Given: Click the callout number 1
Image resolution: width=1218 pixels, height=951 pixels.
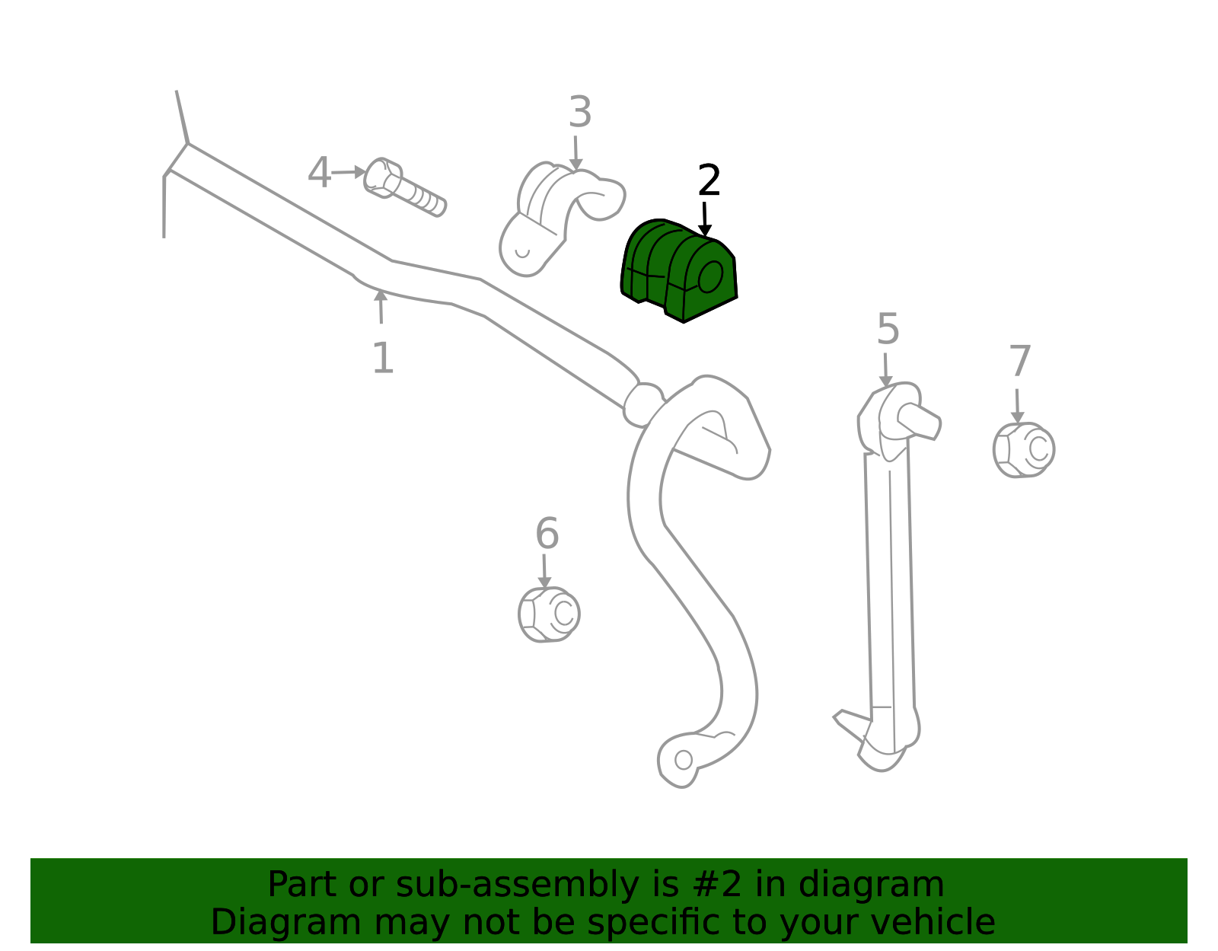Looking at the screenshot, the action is pyautogui.click(x=384, y=359).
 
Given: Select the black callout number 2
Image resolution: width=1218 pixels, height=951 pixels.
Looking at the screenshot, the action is pyautogui.click(x=709, y=180).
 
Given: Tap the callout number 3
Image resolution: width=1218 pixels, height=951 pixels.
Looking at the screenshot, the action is pyautogui.click(x=580, y=112).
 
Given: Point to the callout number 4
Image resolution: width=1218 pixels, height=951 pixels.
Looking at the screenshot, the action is pyautogui.click(x=320, y=173).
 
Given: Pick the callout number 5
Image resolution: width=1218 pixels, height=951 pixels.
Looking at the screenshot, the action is pyautogui.click(x=888, y=330).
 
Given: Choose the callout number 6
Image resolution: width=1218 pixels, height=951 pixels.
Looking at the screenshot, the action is pyautogui.click(x=547, y=534).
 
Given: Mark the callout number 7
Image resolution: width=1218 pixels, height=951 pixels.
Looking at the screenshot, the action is pyautogui.click(x=1020, y=362).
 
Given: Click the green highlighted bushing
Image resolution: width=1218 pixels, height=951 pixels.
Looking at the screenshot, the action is pyautogui.click(x=678, y=270).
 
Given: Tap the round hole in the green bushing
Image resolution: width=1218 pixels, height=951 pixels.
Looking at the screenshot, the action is pyautogui.click(x=711, y=277).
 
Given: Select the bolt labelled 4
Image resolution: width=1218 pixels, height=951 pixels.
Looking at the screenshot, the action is pyautogui.click(x=405, y=187).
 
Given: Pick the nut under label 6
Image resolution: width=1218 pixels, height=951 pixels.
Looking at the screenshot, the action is pyautogui.click(x=549, y=614).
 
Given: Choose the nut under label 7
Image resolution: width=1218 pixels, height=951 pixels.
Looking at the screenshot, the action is pyautogui.click(x=1024, y=450).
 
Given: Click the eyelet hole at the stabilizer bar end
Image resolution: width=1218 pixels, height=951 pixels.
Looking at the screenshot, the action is pyautogui.click(x=684, y=760).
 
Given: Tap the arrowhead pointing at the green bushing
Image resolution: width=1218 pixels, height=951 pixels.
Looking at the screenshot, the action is pyautogui.click(x=705, y=230).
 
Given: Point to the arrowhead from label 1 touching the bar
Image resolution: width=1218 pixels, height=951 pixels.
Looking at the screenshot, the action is pyautogui.click(x=381, y=295).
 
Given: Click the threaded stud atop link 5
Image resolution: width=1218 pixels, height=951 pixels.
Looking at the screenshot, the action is pyautogui.click(x=920, y=421).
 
